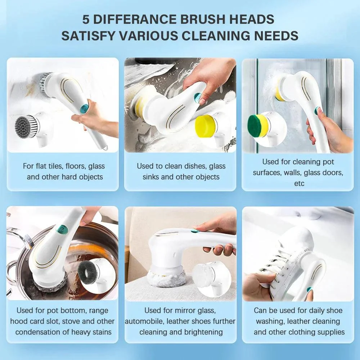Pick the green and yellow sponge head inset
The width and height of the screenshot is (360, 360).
(x=258, y=125)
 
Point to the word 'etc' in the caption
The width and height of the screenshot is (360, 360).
(x=299, y=184)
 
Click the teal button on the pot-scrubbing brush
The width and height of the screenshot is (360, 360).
(x=62, y=229)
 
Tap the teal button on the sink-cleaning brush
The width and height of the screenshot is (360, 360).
(x=197, y=96)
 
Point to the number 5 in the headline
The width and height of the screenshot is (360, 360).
(x=86, y=19)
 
